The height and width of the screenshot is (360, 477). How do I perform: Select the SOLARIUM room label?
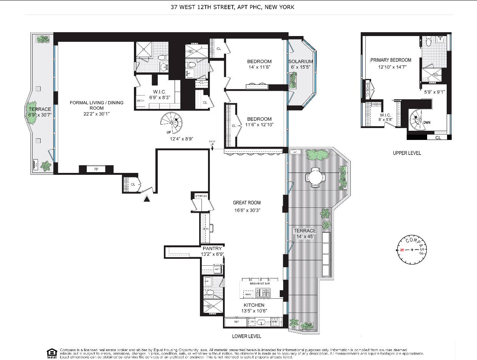[301, 61]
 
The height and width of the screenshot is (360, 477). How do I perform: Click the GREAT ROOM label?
[247, 203]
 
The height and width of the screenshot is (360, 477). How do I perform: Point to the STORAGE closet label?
[201, 196]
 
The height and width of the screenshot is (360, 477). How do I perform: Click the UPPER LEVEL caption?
[407, 153]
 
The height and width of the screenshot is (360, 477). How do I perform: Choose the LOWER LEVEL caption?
[247, 336]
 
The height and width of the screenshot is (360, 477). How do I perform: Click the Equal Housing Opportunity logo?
[52, 353]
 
